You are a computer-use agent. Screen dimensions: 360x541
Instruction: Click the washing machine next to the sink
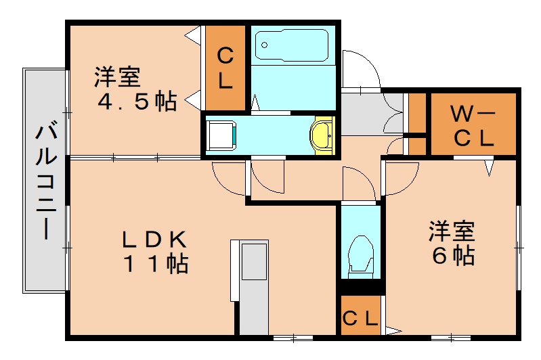pos(221,135)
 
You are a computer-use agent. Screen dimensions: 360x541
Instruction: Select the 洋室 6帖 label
pos(451,244)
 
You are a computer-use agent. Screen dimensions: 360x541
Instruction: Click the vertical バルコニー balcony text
pos(45,179)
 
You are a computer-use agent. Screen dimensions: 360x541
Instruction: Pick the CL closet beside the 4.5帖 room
pos(225,68)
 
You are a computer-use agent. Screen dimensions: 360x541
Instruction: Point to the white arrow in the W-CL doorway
pos(489,166)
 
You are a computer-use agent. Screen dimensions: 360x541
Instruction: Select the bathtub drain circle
pos(265,46)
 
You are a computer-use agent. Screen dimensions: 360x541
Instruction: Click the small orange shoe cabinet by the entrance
pos(417,112)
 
